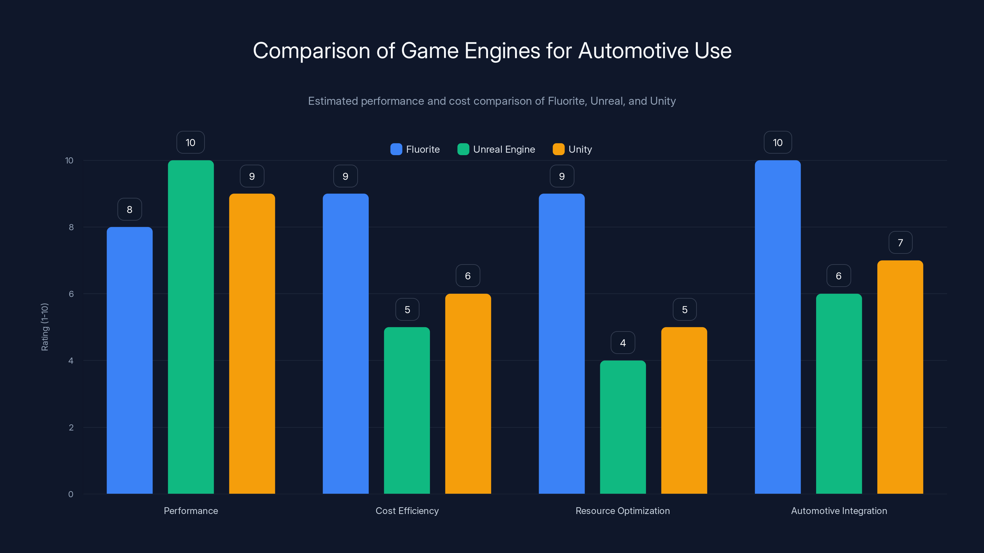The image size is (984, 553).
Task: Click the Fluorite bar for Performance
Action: [129, 360]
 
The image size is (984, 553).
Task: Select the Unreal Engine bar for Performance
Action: [191, 327]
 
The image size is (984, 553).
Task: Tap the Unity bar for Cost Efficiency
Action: [468, 394]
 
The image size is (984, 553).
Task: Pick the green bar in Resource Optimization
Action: [623, 427]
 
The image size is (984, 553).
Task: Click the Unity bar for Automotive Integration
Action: [900, 377]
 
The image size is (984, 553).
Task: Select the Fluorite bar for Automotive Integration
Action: [778, 327]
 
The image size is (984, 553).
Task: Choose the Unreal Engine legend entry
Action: [496, 149]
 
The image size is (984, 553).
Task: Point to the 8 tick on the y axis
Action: [71, 227]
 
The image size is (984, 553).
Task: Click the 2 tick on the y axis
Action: [71, 427]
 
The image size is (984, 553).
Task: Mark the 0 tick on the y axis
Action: [71, 494]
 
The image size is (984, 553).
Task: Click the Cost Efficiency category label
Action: [407, 511]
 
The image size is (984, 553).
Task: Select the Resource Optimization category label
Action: [623, 511]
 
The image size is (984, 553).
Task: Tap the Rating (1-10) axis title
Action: [45, 327]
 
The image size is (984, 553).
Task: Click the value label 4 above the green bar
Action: [623, 343]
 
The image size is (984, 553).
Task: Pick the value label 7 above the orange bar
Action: [900, 243]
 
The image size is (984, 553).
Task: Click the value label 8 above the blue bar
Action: [129, 210]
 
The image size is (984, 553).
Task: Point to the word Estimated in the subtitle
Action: [333, 101]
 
